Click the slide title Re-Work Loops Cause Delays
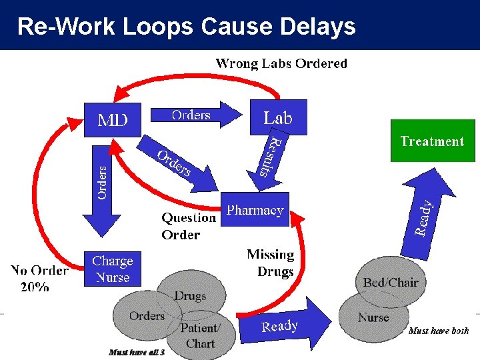tap(187, 26)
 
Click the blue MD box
tap(113, 120)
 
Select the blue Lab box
tap(278, 118)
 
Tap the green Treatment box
tap(432, 141)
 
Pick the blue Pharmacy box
tap(255, 210)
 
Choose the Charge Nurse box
tap(113, 269)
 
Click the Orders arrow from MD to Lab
tap(195, 115)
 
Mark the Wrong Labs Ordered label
tap(281, 64)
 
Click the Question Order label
tap(188, 226)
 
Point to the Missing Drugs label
tap(271, 263)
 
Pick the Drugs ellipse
tap(190, 294)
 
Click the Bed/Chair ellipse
tap(391, 281)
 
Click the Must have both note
tap(438, 331)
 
